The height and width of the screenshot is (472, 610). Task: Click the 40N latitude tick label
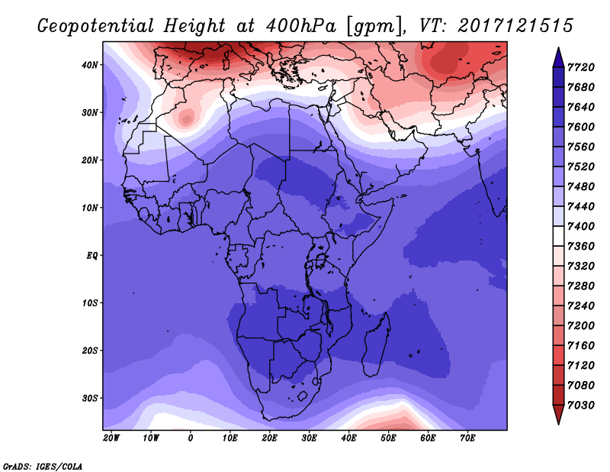point(91,65)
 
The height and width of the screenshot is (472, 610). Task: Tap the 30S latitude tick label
point(91,398)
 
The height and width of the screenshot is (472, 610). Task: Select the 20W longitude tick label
point(111,438)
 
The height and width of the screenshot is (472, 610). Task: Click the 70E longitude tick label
point(467,438)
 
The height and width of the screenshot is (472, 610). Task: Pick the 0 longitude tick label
point(191,438)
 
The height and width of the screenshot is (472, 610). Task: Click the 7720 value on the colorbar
point(580,67)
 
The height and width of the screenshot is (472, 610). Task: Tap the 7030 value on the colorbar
point(580,405)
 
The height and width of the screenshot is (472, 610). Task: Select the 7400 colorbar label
point(580,227)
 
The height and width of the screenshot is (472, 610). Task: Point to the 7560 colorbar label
point(580,147)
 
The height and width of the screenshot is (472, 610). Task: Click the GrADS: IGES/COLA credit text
point(42,464)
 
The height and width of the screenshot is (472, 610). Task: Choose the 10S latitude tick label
point(91,303)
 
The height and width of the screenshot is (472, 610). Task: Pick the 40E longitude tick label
point(348,438)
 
